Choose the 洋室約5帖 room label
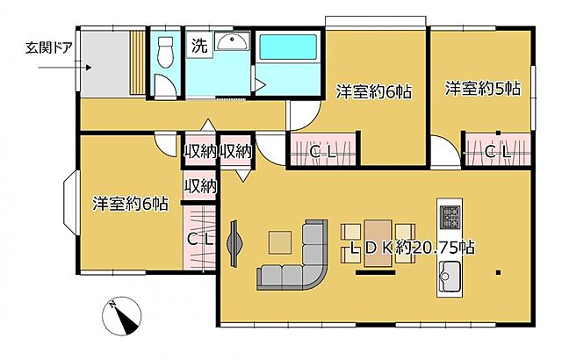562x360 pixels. click(x=482, y=89)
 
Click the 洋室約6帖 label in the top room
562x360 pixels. click(x=375, y=90)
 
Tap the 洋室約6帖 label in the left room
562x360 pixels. click(x=131, y=204)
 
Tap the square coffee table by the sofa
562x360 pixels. click(x=280, y=241)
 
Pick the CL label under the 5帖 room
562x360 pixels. click(x=498, y=152)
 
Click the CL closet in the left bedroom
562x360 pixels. click(x=200, y=238)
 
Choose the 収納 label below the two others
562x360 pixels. click(x=200, y=185)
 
